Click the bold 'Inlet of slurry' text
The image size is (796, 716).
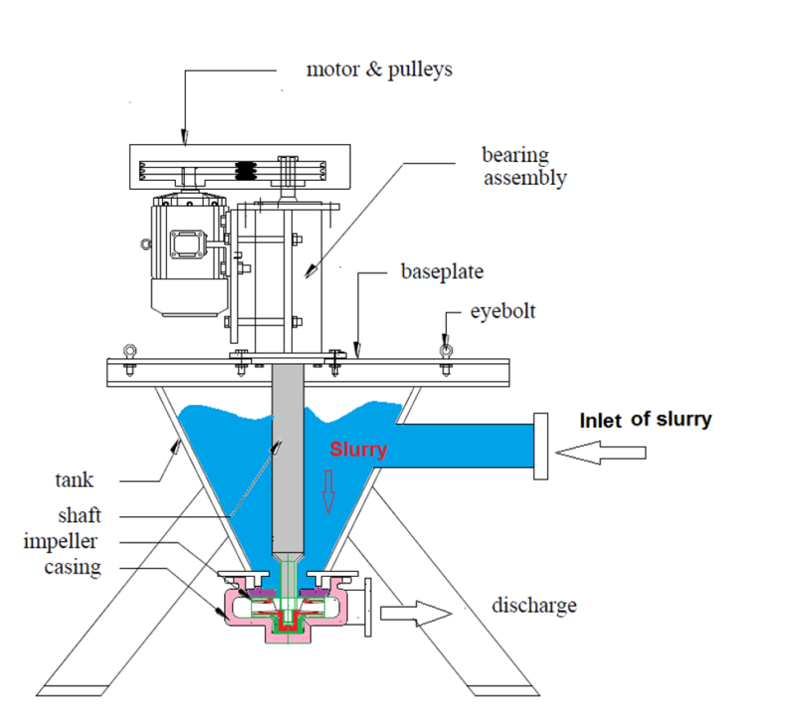(x=646, y=420)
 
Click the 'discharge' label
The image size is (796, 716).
(x=534, y=605)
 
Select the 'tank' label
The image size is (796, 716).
(x=74, y=480)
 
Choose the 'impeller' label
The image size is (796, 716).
(x=62, y=542)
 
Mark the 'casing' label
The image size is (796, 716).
(x=71, y=568)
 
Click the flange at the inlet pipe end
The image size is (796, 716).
(x=540, y=447)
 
